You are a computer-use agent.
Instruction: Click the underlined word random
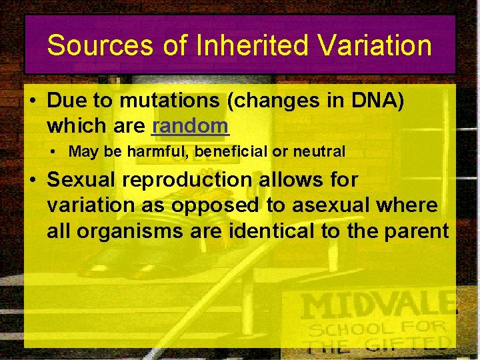(x=190, y=125)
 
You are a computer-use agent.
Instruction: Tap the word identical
(x=287, y=231)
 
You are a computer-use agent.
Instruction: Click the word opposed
(x=216, y=205)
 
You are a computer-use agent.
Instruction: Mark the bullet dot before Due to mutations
(x=32, y=101)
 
